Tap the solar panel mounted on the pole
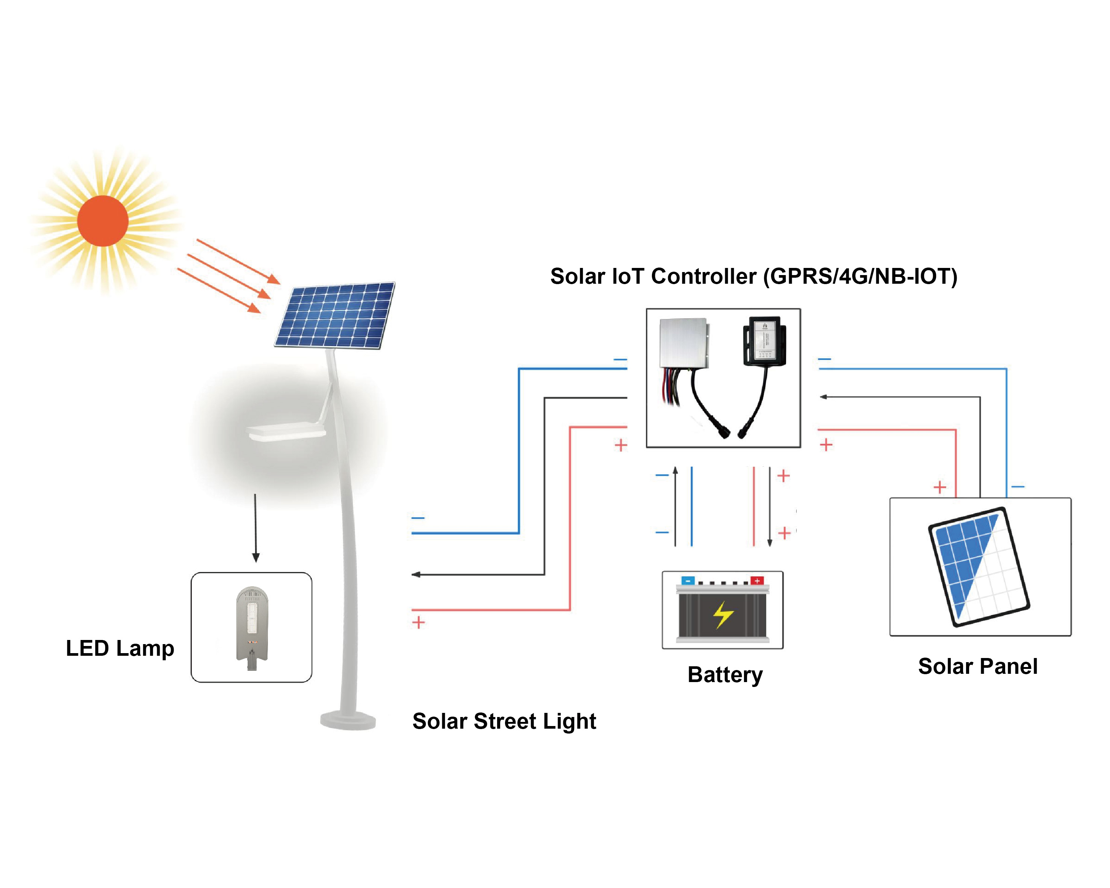point(335,315)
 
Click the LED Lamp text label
point(120,648)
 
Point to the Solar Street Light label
point(504,721)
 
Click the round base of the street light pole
point(348,720)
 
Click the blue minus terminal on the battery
point(688,581)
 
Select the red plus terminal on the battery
point(757,581)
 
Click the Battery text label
point(725,675)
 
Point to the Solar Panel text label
point(977,667)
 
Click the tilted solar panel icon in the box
point(978,567)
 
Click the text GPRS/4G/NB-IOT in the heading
point(860,277)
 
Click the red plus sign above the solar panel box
point(939,487)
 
